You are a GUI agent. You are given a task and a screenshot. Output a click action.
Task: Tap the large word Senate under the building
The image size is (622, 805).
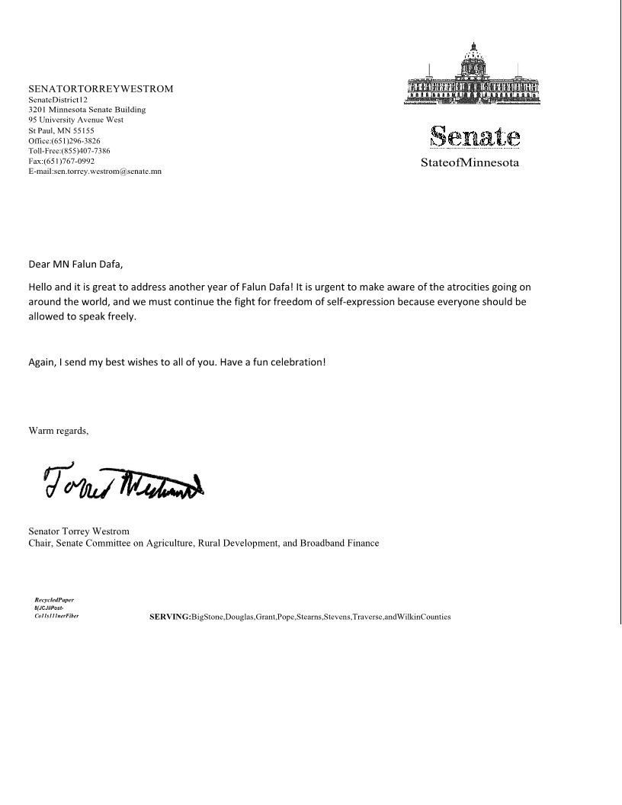[x=475, y=137]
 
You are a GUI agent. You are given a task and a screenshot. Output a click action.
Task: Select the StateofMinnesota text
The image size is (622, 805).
[x=470, y=162]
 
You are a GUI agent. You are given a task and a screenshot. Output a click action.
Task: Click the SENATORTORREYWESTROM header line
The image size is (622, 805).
[x=101, y=88]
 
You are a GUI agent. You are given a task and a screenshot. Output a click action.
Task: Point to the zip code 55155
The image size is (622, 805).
[x=81, y=130]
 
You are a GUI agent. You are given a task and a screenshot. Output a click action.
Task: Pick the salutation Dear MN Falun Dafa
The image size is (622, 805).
[x=75, y=265]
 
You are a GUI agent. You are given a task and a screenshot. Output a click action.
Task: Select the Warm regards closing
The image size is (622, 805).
[x=59, y=431]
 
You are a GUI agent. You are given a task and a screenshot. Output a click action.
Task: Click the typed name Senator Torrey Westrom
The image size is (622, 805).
[x=79, y=531]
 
